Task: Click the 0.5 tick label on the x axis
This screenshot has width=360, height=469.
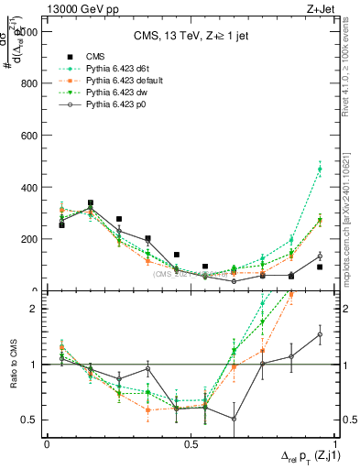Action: pyautogui.click(x=190, y=444)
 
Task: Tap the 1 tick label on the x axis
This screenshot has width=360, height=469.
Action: pyautogui.click(x=333, y=444)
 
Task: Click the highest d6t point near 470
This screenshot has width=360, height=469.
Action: pyautogui.click(x=320, y=169)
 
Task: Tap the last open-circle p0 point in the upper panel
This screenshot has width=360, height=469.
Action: pyautogui.click(x=320, y=256)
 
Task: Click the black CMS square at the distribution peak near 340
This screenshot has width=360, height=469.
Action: pyautogui.click(x=90, y=202)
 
